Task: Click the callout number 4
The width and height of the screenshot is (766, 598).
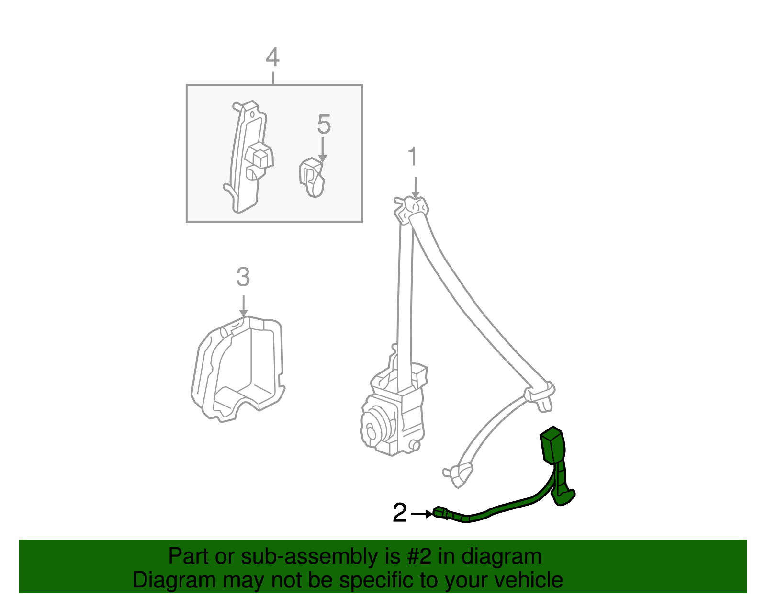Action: point(272,57)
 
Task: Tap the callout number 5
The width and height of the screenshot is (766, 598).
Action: point(324,124)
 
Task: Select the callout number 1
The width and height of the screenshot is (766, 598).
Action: point(413,158)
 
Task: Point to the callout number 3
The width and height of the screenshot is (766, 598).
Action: point(243,277)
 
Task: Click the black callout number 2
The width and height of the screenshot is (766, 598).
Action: point(400,513)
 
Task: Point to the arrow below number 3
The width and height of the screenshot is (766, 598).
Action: point(243,306)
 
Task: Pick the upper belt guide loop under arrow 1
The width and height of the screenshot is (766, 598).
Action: point(413,208)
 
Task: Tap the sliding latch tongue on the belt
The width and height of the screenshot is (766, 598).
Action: point(540,395)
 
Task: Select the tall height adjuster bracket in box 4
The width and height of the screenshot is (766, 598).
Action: point(249,158)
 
